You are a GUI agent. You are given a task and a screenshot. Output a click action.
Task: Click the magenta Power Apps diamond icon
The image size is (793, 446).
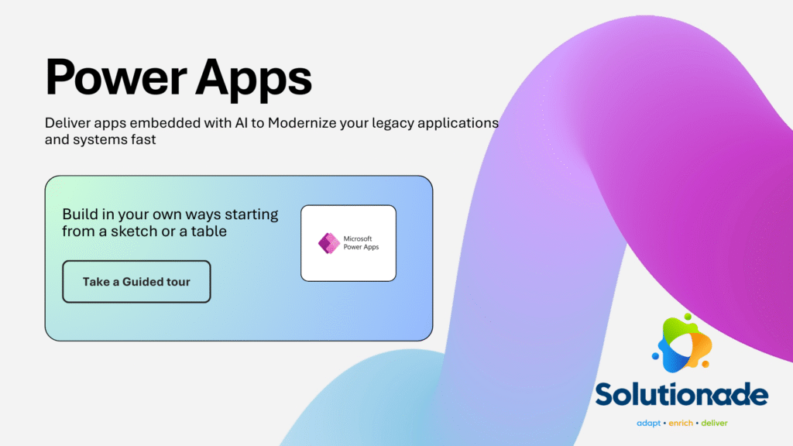(329, 243)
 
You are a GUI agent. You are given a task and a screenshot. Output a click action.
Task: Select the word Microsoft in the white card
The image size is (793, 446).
(362, 238)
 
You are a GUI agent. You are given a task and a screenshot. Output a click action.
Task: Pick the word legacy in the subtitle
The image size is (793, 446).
(403, 124)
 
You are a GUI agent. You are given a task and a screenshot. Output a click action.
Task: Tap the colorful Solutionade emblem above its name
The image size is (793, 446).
(681, 341)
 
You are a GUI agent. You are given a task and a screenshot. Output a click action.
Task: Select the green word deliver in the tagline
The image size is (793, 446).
(714, 424)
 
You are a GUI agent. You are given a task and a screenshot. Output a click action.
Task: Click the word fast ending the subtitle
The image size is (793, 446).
(143, 141)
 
